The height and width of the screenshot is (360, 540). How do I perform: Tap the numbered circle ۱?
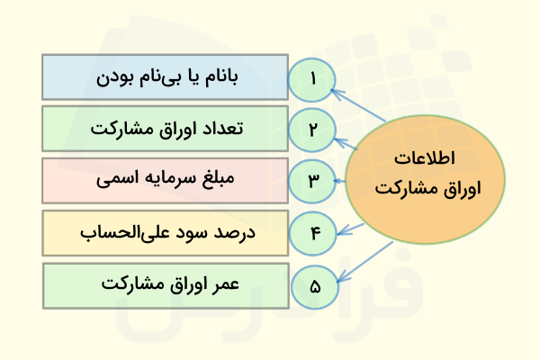[312, 79]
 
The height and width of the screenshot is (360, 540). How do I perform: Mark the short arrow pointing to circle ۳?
[341, 180]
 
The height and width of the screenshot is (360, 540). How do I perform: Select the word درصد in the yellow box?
[237, 233]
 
